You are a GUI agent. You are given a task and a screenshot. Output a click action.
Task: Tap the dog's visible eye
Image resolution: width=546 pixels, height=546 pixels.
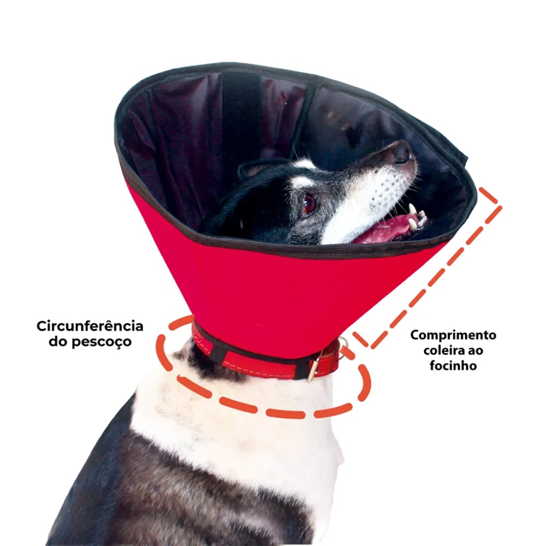tap(309, 203)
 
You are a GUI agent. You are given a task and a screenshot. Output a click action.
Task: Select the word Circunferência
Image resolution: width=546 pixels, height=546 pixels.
tap(90, 327)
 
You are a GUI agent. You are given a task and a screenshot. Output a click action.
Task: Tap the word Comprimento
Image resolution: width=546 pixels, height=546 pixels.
tap(453, 336)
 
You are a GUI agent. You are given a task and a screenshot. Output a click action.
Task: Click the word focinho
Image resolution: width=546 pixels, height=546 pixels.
tap(453, 366)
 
